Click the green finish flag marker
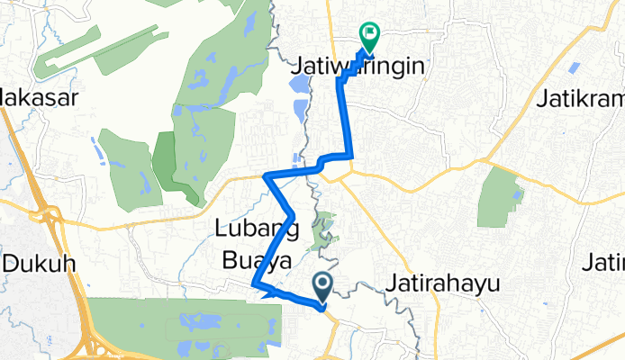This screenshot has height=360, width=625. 369,35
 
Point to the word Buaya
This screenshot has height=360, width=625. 257,260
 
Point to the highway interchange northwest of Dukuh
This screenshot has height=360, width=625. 43,214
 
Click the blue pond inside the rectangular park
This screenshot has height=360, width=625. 517,192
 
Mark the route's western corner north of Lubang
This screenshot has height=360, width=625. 265,176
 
